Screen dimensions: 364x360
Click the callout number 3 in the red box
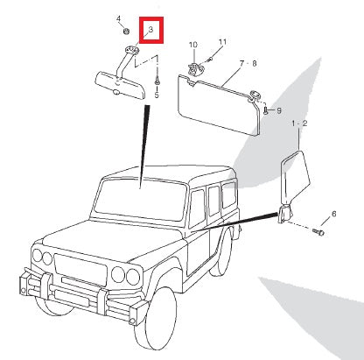coord(150,29)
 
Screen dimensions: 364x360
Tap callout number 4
coord(118,18)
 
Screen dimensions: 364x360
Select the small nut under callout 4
coord(126,31)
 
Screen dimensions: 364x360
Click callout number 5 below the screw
coord(157,95)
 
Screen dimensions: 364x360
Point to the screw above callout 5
coord(157,81)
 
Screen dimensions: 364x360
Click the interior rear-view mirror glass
coord(121,85)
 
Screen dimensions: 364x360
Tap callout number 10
coord(193,45)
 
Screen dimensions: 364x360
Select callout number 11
coord(222,42)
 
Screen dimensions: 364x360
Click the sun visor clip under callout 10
coord(195,69)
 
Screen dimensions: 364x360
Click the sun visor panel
coord(218,104)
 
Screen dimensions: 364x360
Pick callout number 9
coord(279,110)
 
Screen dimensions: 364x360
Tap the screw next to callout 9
coord(266,110)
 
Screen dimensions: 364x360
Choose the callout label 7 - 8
coord(248,63)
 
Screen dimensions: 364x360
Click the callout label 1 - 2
coord(299,124)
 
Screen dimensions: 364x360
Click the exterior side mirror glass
coord(295,177)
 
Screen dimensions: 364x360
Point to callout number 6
coord(333,214)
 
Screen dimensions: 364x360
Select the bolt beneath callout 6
coord(318,232)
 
